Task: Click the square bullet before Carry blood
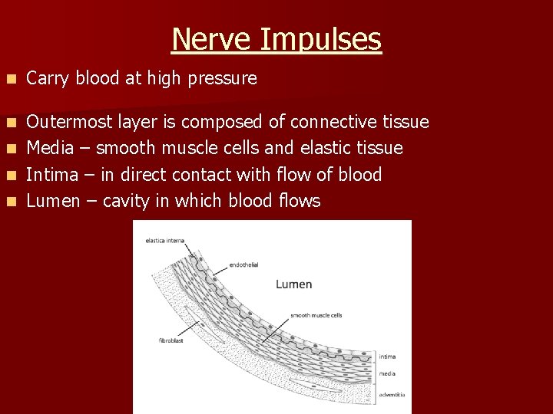click(9, 79)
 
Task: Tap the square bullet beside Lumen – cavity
click(9, 202)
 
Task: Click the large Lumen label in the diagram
click(293, 284)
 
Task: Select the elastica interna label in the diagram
click(164, 241)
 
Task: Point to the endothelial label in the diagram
click(243, 265)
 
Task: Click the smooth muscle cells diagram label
click(316, 315)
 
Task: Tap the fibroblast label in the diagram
click(171, 340)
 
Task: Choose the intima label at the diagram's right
click(387, 356)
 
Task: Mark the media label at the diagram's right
click(387, 374)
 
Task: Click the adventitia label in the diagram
click(392, 395)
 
